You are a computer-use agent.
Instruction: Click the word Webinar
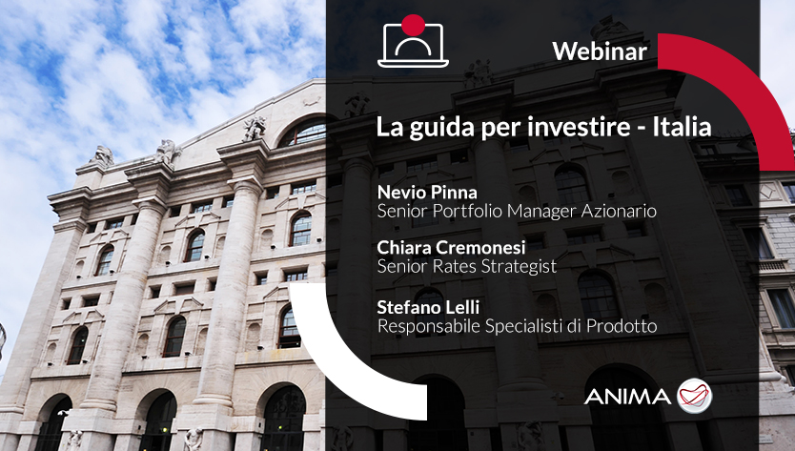pos(600,51)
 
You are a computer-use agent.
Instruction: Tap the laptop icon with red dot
pos(413,42)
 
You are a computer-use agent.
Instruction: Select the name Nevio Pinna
pos(427,193)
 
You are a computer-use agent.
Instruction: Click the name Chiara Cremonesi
pos(451,248)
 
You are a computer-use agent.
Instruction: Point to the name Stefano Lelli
pos(428,307)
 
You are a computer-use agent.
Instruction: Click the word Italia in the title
pos(682,126)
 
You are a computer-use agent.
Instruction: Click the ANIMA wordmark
pos(627,397)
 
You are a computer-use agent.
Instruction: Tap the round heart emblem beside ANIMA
pos(695,396)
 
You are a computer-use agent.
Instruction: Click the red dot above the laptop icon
pos(413,26)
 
